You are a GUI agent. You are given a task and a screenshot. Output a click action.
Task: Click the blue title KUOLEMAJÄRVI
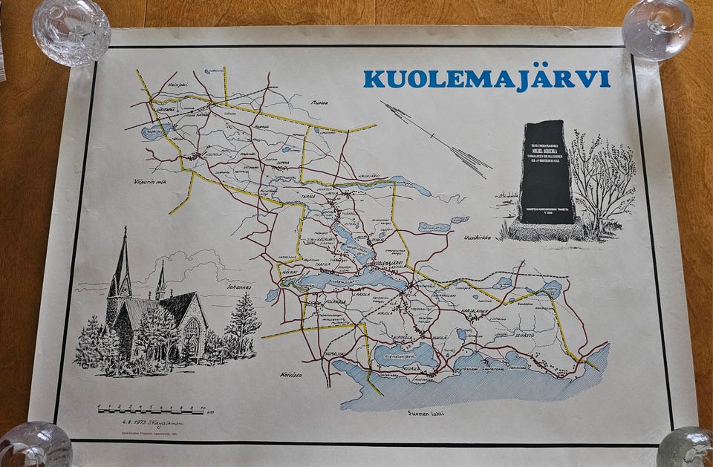pyautogui.click(x=486, y=79)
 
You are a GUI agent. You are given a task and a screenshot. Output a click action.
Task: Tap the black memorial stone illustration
pyautogui.click(x=547, y=172)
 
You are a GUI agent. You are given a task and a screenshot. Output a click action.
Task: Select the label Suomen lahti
pyautogui.click(x=426, y=413)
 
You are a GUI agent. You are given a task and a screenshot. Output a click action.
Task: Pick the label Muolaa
pyautogui.click(x=319, y=103)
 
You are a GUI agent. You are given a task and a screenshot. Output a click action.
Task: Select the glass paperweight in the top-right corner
pyautogui.click(x=657, y=28)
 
